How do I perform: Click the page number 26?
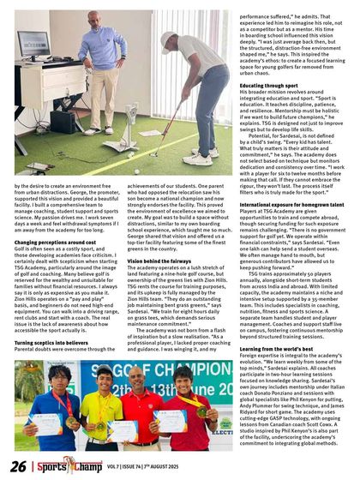click(x=16, y=465)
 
